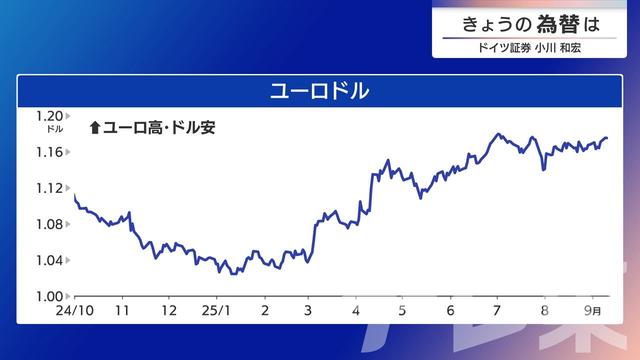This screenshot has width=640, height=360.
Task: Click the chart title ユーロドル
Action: [320, 91]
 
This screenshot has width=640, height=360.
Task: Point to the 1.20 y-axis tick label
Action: [51, 115]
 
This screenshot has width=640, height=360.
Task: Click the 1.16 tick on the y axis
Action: [51, 152]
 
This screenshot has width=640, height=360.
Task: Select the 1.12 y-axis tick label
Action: [51, 188]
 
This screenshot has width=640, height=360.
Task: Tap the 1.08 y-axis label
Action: [51, 224]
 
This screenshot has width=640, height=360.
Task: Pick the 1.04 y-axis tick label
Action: [51, 260]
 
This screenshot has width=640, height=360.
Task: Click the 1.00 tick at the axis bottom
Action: [51, 296]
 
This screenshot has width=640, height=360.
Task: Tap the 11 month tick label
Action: [123, 310]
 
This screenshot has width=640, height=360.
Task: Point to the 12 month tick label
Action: [169, 310]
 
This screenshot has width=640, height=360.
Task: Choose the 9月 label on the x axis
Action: [592, 310]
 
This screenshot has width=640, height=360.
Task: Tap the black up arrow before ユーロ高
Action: [95, 127]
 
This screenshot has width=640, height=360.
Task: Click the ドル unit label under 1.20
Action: [55, 129]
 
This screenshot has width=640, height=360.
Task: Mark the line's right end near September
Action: [607, 138]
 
